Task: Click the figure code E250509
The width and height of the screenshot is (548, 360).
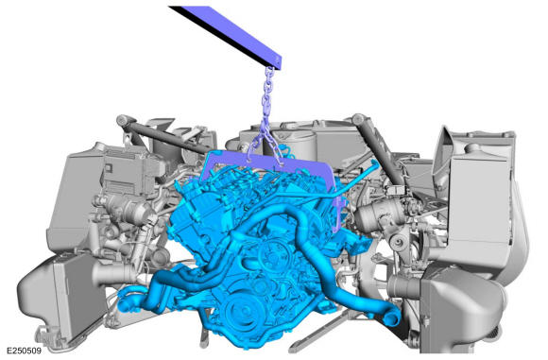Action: (24, 351)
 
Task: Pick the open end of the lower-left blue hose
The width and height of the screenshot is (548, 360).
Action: (125, 303)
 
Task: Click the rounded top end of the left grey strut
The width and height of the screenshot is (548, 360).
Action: (123, 121)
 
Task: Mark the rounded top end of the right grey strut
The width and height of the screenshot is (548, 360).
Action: (357, 119)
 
